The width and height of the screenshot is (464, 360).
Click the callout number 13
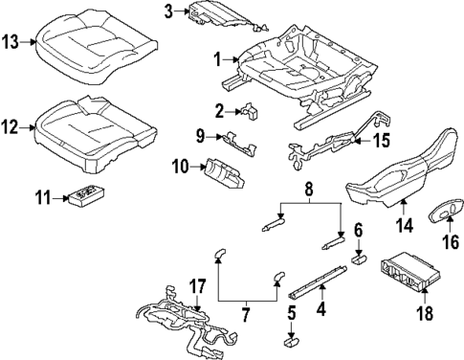11,41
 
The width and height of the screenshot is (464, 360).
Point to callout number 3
168,11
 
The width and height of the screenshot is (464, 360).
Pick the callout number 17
196,284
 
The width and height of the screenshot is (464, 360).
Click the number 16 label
450,241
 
